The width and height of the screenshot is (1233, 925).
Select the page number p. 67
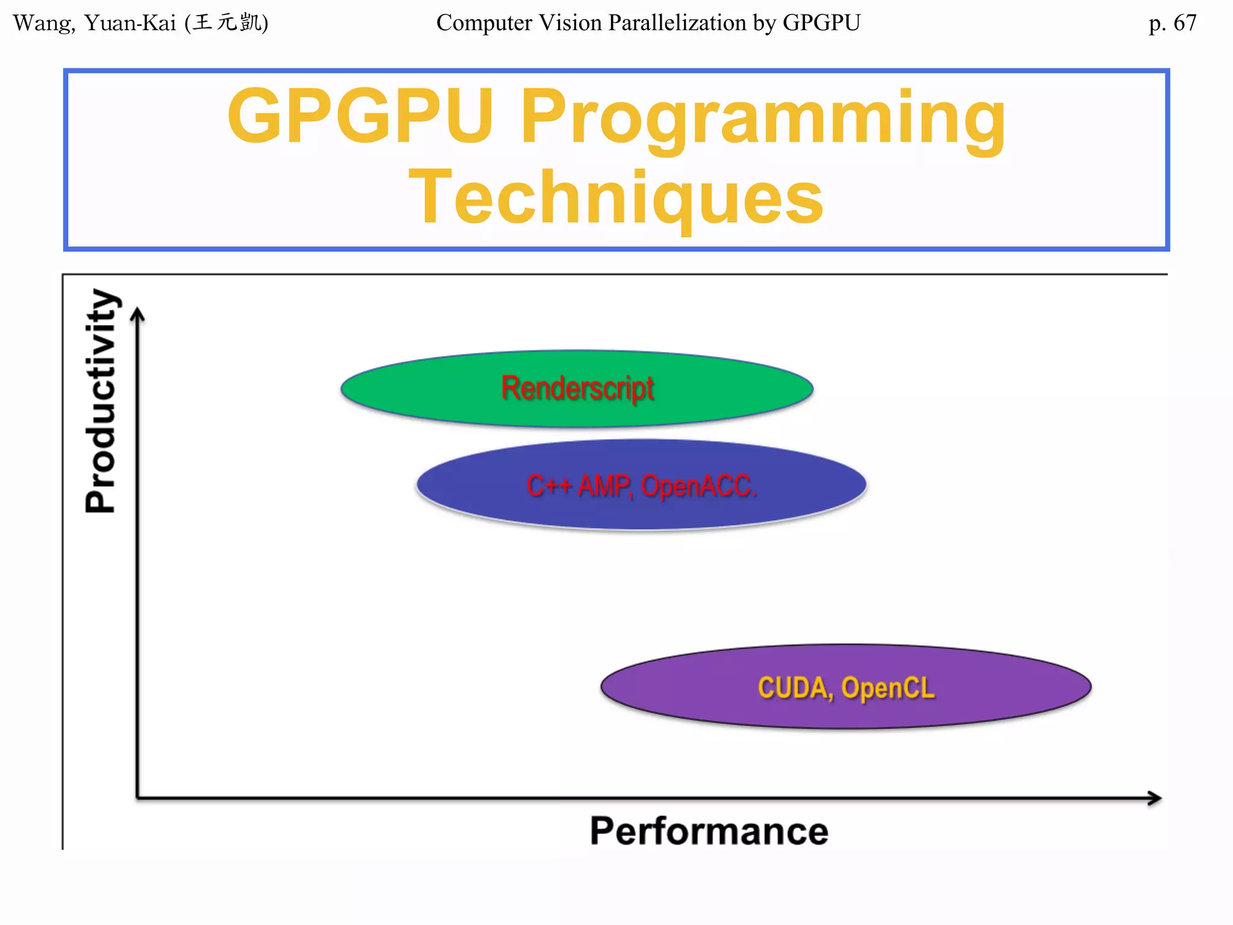tap(1172, 23)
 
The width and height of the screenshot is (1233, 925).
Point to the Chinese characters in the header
tap(228, 23)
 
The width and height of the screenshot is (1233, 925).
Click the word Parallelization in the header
tap(677, 23)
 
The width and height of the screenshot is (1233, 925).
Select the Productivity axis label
tap(101, 401)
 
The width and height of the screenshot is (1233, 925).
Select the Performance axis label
tap(709, 831)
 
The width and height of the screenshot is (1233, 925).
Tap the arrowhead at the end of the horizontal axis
tap(1156, 799)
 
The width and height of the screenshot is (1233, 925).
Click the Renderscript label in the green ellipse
tap(577, 388)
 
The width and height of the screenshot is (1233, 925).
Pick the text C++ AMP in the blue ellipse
tap(578, 485)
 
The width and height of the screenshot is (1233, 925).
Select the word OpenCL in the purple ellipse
tap(887, 688)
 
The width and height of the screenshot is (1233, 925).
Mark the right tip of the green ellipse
tap(812, 389)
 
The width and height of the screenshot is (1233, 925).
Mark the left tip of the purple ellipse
tap(602, 687)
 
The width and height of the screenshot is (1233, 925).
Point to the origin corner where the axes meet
tap(138, 799)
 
